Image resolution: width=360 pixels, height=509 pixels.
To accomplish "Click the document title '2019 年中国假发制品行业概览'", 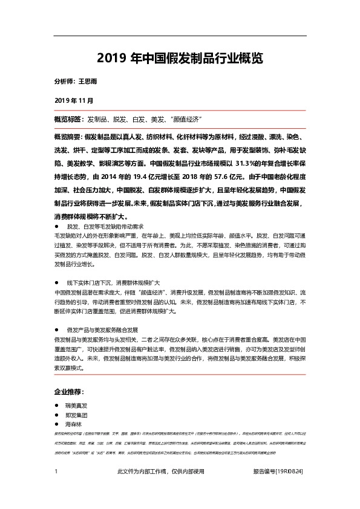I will tap(180, 59).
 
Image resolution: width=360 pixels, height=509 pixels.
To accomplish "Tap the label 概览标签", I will tap(68, 118).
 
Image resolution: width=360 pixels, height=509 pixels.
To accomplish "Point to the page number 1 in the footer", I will tap(56, 471).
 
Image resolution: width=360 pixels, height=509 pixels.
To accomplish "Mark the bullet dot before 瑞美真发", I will tap(57, 406).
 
